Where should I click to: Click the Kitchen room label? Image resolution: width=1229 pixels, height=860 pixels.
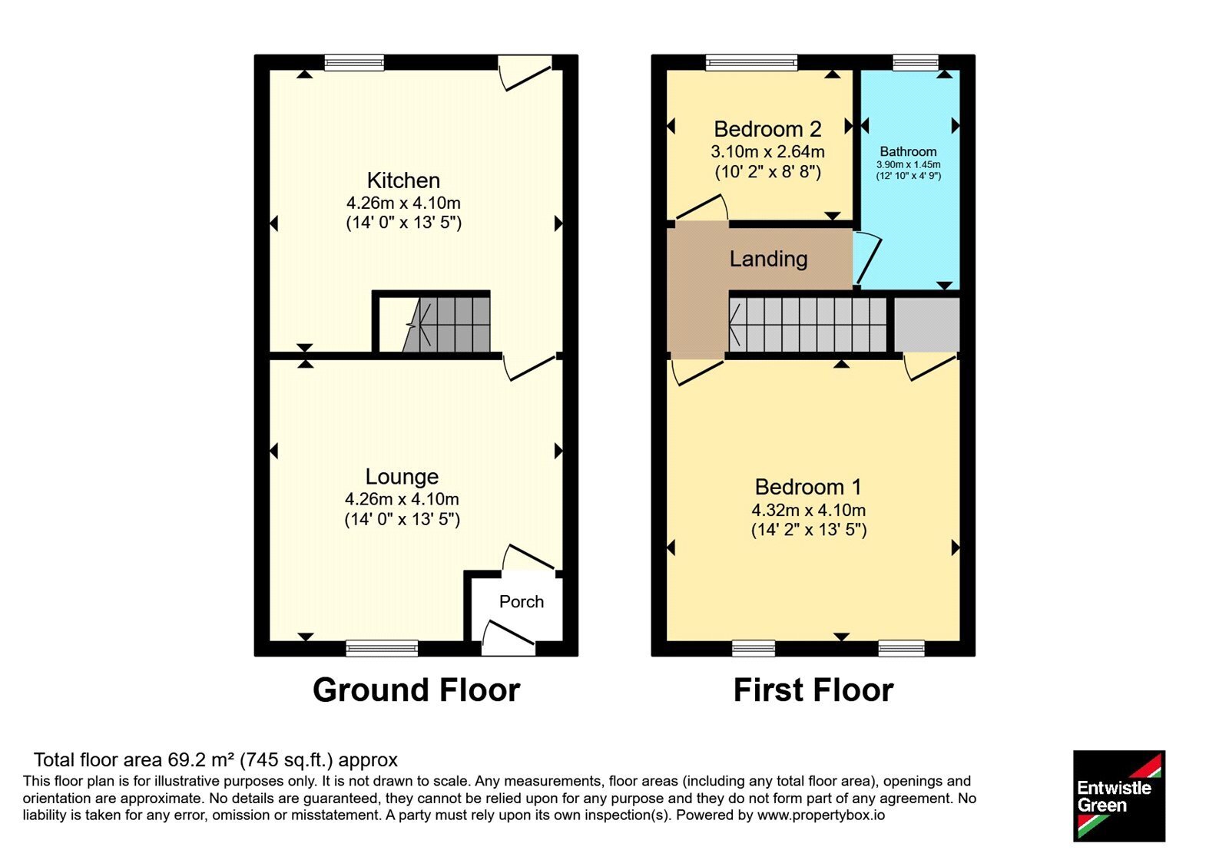click(403, 180)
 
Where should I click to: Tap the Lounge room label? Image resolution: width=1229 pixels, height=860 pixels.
click(402, 477)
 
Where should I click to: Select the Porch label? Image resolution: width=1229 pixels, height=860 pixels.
click(522, 602)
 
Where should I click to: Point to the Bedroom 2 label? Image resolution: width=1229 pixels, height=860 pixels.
click(767, 129)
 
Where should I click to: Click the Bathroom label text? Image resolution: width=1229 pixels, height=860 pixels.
click(908, 151)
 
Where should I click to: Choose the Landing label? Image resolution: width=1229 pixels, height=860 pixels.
click(768, 259)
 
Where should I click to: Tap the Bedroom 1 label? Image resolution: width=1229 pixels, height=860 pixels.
click(808, 487)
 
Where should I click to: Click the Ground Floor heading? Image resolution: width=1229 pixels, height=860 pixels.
click(416, 690)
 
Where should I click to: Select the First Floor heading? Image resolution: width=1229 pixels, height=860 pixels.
click(813, 690)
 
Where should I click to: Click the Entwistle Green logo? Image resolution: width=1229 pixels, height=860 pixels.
click(1119, 795)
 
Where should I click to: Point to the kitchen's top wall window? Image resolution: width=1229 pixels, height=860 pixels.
click(354, 62)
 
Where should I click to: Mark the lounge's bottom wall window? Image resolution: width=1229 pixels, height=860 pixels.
click(382, 648)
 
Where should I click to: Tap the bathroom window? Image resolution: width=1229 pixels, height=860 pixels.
click(916, 62)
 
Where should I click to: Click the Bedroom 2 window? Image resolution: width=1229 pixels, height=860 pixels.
click(751, 62)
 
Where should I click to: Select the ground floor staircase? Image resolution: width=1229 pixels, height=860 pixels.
click(446, 325)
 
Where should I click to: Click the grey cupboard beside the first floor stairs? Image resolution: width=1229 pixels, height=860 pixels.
click(926, 325)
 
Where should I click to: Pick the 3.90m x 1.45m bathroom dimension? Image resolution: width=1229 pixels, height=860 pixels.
click(908, 164)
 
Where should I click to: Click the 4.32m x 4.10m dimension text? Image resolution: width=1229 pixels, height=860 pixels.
click(808, 510)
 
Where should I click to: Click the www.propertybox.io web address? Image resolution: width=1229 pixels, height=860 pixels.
click(821, 815)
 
